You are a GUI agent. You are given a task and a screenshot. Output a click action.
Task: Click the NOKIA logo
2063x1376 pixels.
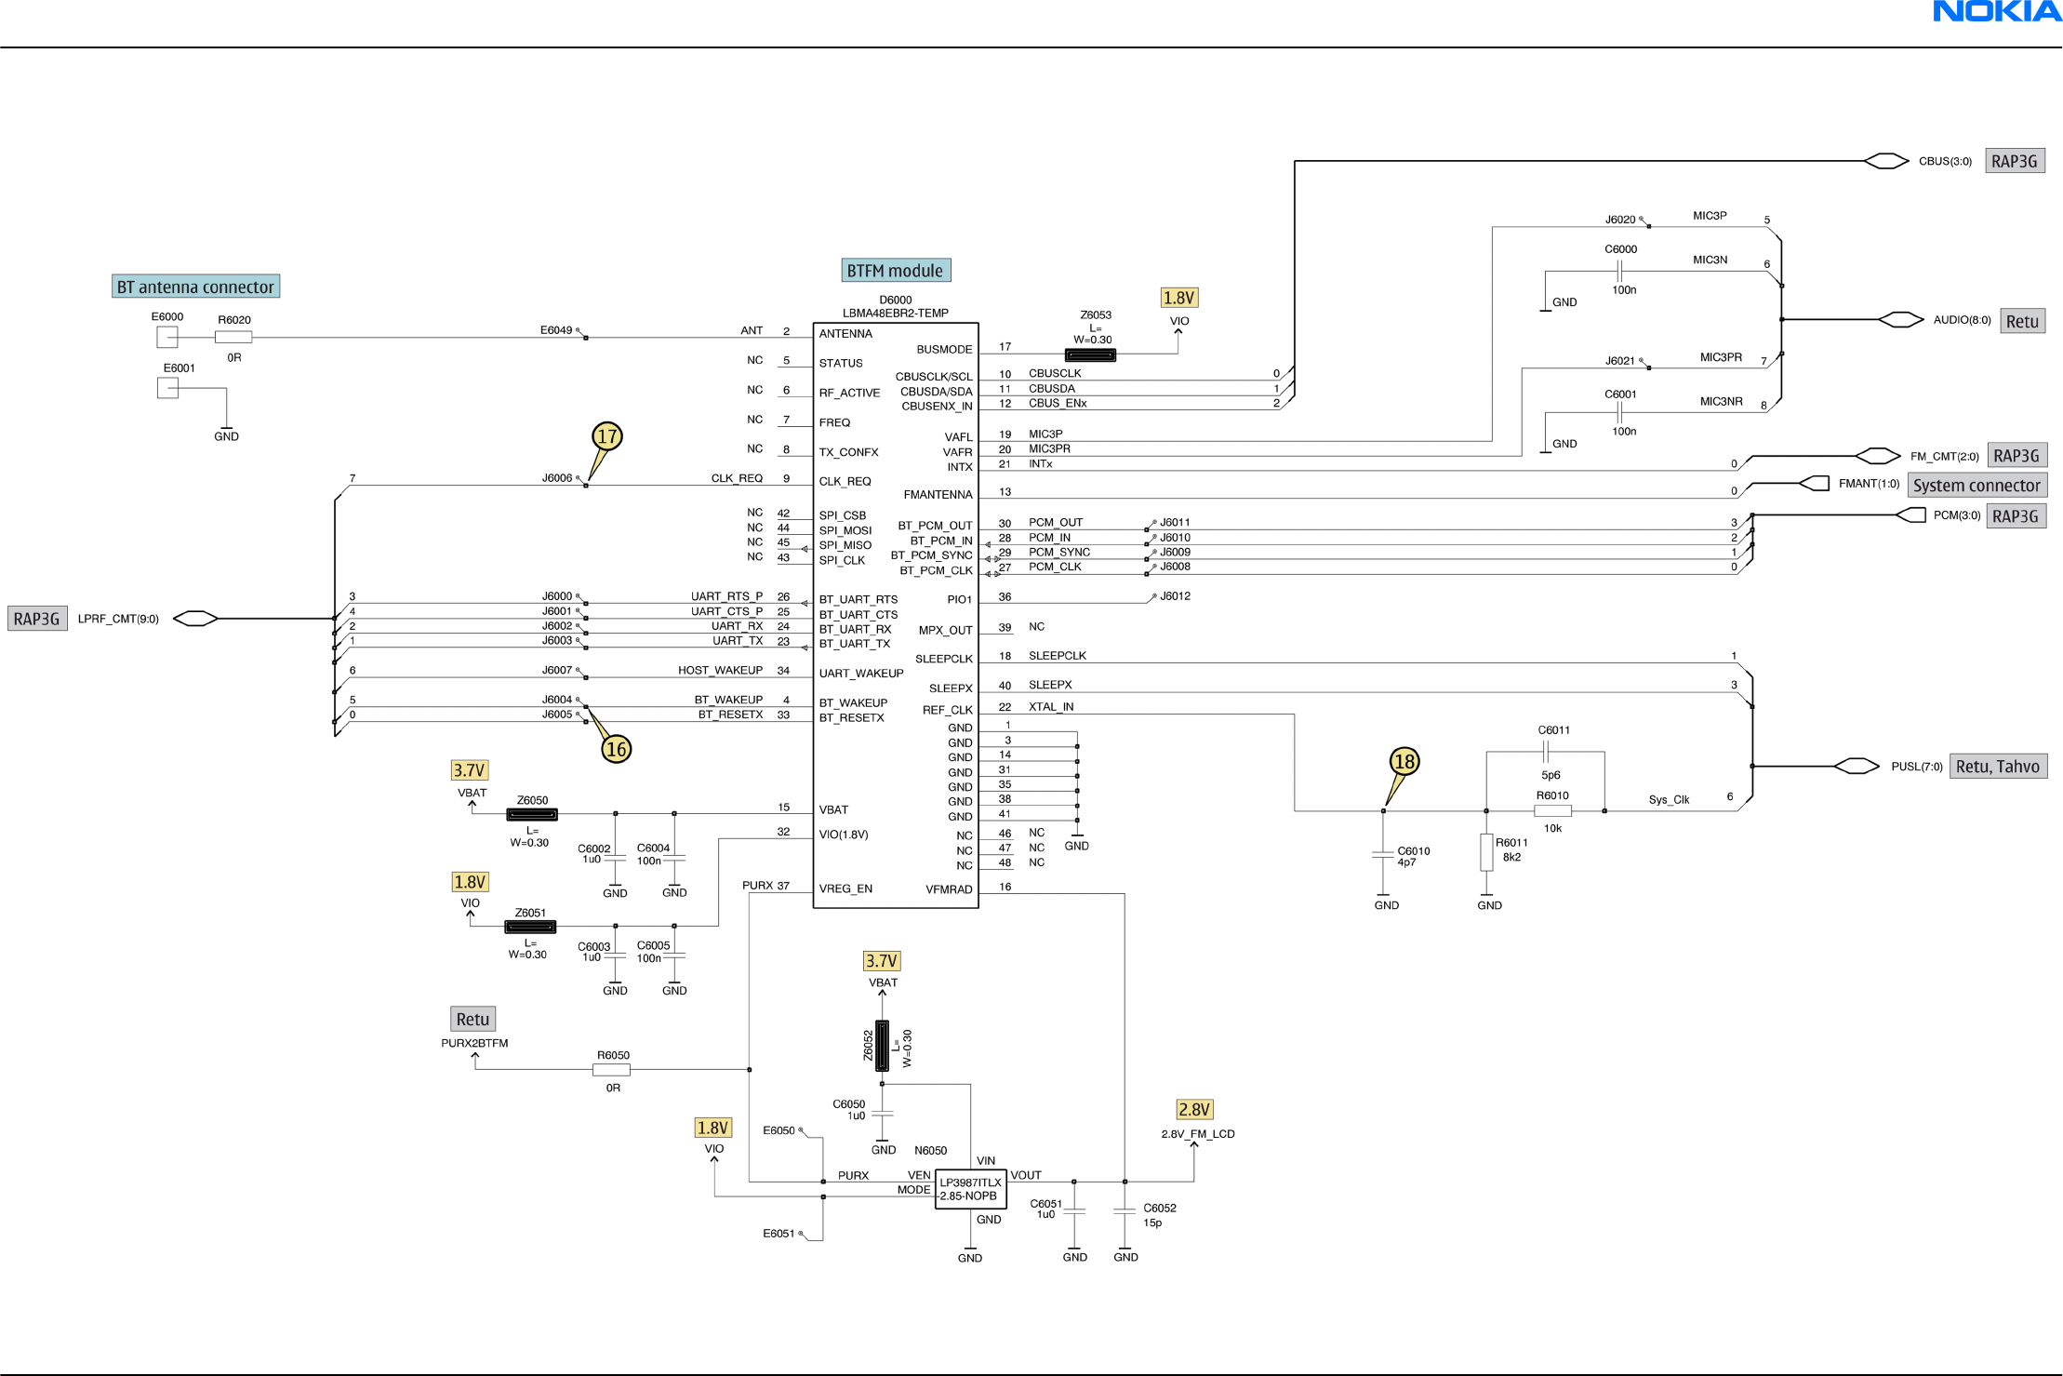point(1996,12)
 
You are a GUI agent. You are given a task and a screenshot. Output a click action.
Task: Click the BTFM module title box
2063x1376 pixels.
point(895,271)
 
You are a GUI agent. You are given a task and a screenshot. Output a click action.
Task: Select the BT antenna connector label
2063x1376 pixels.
point(195,287)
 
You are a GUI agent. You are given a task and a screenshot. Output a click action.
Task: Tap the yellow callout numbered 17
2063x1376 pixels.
point(607,436)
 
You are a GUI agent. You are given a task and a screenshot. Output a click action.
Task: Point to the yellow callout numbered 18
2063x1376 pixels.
point(1404,762)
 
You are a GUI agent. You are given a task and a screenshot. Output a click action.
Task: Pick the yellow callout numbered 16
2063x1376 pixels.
point(616,749)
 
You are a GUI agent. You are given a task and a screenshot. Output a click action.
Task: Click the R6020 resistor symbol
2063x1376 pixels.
point(233,338)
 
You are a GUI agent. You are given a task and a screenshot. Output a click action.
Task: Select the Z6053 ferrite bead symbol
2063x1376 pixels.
point(1090,354)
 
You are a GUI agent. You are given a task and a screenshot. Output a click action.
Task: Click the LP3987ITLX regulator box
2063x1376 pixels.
point(969,1189)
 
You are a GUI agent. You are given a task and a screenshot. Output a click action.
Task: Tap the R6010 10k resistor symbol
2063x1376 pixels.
point(1552,811)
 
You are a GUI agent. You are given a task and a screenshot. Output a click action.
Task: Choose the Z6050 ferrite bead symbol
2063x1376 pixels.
point(532,814)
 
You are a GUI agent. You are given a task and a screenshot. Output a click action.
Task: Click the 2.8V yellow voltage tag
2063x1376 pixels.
point(1193,1109)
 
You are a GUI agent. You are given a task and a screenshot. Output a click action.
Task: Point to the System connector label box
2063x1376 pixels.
point(1976,485)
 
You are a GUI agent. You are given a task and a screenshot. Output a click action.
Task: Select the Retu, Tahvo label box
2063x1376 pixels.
point(1997,767)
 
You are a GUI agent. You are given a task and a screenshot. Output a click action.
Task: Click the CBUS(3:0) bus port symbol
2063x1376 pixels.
point(1885,161)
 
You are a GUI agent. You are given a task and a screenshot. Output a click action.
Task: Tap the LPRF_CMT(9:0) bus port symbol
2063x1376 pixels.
point(195,619)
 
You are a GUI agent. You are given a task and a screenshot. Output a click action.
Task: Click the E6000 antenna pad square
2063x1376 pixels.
point(167,337)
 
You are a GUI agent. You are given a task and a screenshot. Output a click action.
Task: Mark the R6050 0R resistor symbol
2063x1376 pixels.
point(611,1070)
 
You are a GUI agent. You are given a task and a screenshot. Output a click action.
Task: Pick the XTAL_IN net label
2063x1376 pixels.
point(1050,707)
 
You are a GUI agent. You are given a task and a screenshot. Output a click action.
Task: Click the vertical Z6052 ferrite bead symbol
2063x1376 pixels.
point(882,1046)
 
